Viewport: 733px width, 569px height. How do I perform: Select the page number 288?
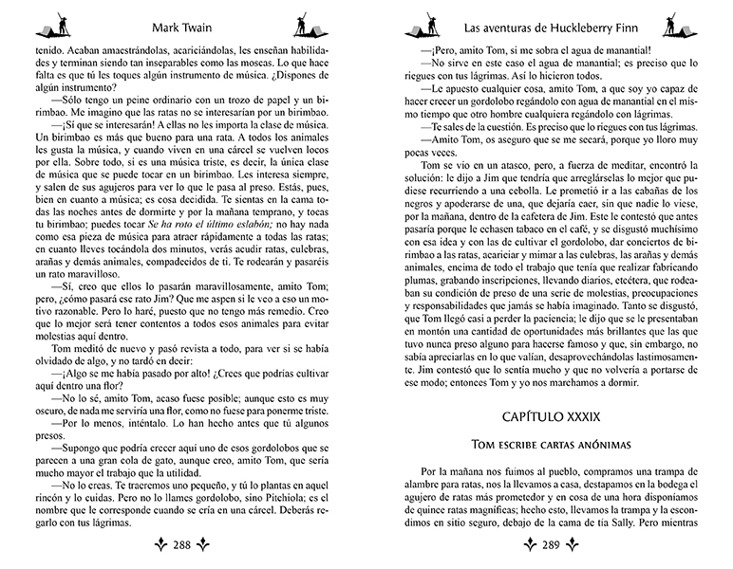[x=187, y=545]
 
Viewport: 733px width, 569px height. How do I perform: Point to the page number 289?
[x=551, y=545]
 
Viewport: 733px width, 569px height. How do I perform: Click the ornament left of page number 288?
[x=155, y=545]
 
